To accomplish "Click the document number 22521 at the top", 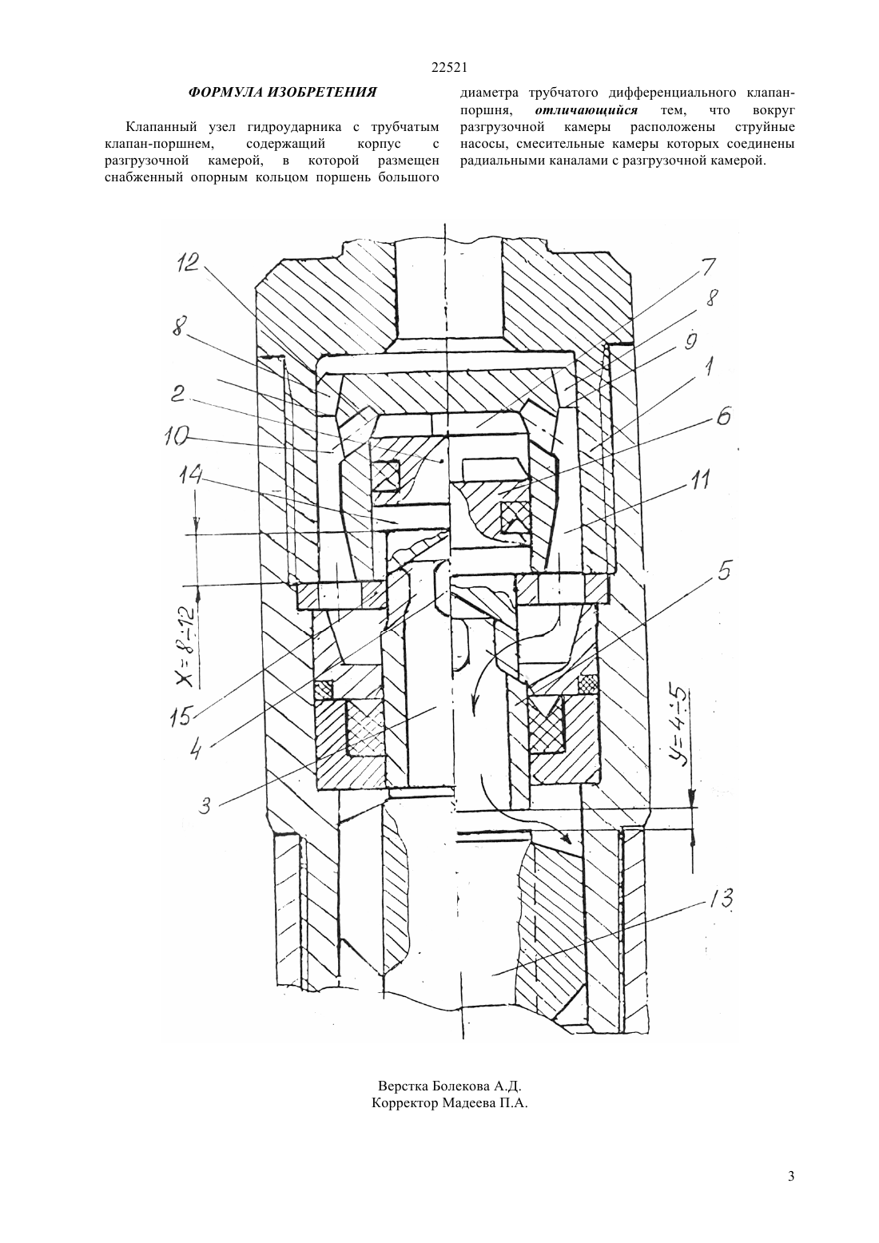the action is (449, 68).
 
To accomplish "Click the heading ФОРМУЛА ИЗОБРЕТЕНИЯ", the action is (282, 92).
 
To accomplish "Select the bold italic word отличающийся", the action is (587, 110).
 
